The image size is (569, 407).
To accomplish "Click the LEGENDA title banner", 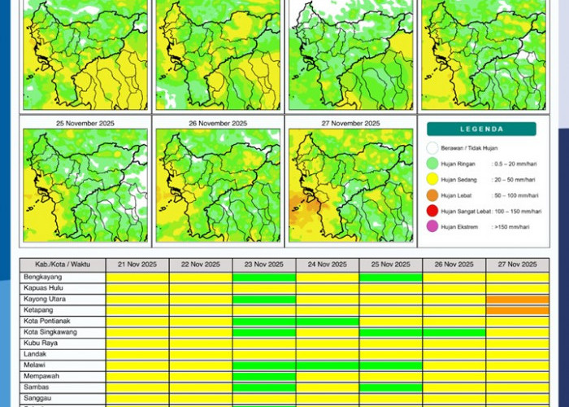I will [x=482, y=129].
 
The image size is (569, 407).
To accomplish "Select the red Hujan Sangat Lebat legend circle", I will [x=432, y=211].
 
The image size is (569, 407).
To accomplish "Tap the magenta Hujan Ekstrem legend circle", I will [x=432, y=226].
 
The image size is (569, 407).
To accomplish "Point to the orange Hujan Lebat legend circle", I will [x=432, y=195].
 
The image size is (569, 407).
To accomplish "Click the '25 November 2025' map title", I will [x=85, y=123].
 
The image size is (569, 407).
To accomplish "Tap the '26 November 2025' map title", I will [x=217, y=123].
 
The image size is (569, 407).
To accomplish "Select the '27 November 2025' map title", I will [x=350, y=123].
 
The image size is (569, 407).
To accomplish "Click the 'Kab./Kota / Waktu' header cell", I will [x=63, y=265].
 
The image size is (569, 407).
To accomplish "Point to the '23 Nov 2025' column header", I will [x=264, y=265].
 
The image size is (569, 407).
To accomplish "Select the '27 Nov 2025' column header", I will [x=518, y=265].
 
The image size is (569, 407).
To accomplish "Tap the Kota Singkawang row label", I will [x=54, y=332].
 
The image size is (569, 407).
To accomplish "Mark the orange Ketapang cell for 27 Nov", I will [x=518, y=310].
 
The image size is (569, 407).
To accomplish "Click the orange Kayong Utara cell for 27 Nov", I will [x=518, y=299].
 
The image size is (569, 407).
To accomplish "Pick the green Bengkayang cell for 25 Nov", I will [x=391, y=277].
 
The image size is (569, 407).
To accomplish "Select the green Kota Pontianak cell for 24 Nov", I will [x=328, y=321].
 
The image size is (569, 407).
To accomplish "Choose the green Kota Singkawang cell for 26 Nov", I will [x=454, y=332].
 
